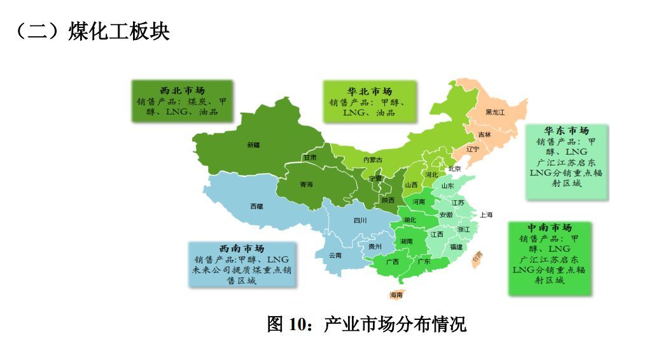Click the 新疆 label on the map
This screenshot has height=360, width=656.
253,145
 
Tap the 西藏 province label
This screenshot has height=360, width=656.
256,206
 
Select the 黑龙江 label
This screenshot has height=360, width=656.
494,113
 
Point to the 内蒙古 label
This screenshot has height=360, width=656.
373,160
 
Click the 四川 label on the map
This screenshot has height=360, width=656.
360,221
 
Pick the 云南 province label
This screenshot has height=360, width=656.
335,255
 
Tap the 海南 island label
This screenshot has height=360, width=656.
396,295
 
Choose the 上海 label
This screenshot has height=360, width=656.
487,215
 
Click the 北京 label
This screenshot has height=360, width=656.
454,169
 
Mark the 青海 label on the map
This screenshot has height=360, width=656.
306,184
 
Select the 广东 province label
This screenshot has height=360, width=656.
424,261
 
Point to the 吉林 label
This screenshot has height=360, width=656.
485,134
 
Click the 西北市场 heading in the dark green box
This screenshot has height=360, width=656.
182,90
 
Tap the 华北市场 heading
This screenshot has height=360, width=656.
370,92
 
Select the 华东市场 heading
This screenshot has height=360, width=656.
566,131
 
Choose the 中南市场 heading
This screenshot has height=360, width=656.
550,228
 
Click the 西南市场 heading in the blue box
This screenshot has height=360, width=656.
242,248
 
